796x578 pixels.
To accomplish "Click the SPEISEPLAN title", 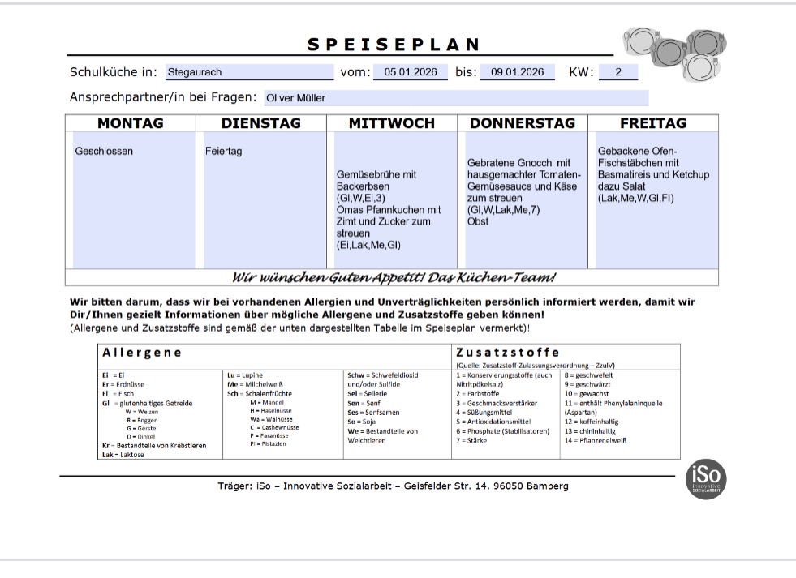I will [x=394, y=45].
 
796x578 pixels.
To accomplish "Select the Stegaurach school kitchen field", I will [x=249, y=72].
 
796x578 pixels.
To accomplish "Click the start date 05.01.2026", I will [x=410, y=72].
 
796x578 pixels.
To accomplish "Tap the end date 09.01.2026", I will [x=517, y=72].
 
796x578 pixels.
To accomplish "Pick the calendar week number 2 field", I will [x=617, y=72].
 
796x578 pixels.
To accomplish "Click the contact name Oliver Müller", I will [x=457, y=98].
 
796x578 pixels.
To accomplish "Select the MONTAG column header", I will [x=130, y=123].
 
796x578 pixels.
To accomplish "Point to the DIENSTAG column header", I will [x=260, y=123].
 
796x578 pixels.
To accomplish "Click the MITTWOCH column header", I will [x=392, y=123].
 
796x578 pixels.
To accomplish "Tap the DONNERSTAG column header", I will [x=523, y=123].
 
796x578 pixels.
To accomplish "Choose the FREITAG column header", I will [x=653, y=123].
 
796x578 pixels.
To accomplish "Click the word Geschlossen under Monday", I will [x=104, y=152].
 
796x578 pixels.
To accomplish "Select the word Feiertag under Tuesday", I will [x=223, y=152].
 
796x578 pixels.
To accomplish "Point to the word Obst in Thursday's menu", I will [x=478, y=221].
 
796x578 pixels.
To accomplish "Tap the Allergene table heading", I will [x=142, y=353].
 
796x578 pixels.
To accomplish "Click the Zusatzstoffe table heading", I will [x=507, y=353].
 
